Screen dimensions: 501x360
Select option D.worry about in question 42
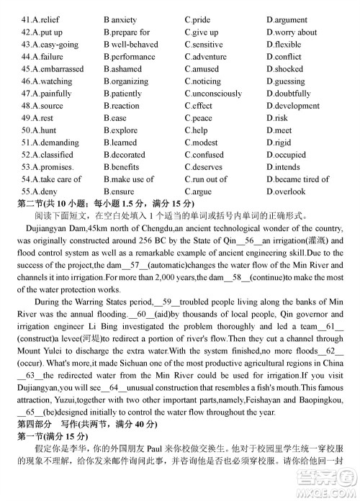[292, 32]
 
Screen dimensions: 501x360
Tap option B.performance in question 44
[129, 57]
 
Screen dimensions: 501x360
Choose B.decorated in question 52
[125, 155]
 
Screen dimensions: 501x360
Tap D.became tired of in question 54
[297, 179]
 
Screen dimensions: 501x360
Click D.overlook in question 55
[286, 191]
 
